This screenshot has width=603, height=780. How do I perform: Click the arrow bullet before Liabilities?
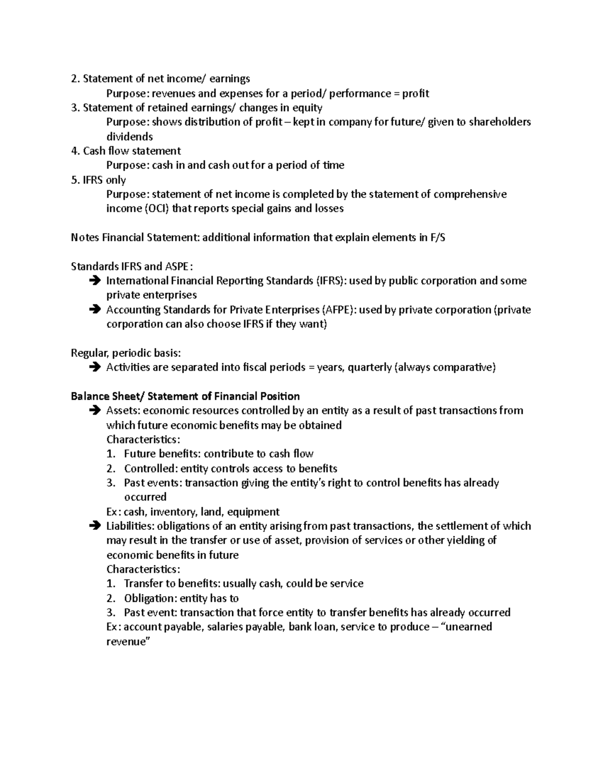pyautogui.click(x=93, y=526)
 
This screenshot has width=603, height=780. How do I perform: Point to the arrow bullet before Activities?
pyautogui.click(x=93, y=368)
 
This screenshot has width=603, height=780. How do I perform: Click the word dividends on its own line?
pyautogui.click(x=130, y=137)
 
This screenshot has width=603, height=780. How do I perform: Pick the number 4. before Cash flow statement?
pyautogui.click(x=75, y=151)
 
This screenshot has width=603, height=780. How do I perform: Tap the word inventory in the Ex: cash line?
pyautogui.click(x=173, y=512)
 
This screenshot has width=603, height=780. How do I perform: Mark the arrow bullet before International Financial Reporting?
pyautogui.click(x=93, y=281)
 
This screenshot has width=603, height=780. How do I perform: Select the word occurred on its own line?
pyautogui.click(x=145, y=497)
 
